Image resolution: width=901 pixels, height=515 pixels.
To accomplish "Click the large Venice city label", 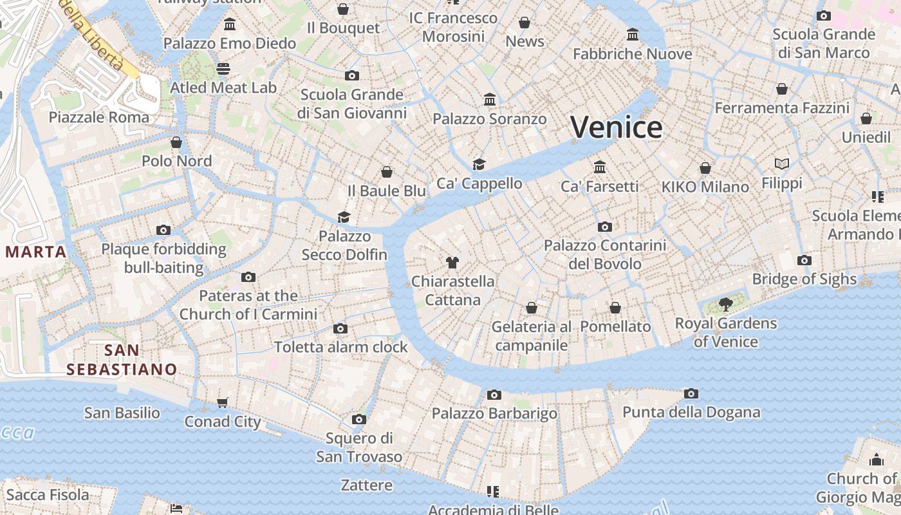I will [x=616, y=127].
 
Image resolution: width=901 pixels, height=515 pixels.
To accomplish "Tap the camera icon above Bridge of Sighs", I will [x=804, y=261].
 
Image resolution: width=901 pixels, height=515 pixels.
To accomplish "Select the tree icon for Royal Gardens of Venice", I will [x=726, y=304].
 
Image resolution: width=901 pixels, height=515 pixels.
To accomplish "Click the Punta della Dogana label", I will [x=691, y=412].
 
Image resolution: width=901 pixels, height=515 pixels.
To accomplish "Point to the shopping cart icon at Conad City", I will [x=222, y=403].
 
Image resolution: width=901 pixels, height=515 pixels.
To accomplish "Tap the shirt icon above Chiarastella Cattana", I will [x=452, y=263].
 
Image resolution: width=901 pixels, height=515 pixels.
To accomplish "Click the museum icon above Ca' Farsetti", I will [x=600, y=167].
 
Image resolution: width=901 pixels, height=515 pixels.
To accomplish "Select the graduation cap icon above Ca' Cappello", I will [x=479, y=164].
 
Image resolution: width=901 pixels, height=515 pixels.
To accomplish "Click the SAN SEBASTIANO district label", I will [x=122, y=360].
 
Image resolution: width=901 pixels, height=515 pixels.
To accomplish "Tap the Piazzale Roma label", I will [x=99, y=117].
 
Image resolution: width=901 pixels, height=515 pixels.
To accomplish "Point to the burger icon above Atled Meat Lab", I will [x=223, y=68].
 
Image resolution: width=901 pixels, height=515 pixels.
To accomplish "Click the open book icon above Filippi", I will [x=782, y=164].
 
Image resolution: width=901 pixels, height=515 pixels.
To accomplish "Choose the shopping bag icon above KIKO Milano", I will [x=705, y=168].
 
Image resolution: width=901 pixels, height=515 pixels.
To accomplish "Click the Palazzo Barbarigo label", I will [x=494, y=413].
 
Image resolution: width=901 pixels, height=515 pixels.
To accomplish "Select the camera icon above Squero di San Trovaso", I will [x=359, y=420].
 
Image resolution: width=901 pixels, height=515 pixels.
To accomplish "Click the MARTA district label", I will [x=36, y=252].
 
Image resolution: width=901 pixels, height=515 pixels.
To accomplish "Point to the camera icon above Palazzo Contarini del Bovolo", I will [x=604, y=227].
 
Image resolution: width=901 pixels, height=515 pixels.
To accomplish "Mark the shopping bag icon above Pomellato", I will [x=615, y=308].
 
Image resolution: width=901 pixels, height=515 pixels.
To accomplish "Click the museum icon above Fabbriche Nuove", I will [x=633, y=35].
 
